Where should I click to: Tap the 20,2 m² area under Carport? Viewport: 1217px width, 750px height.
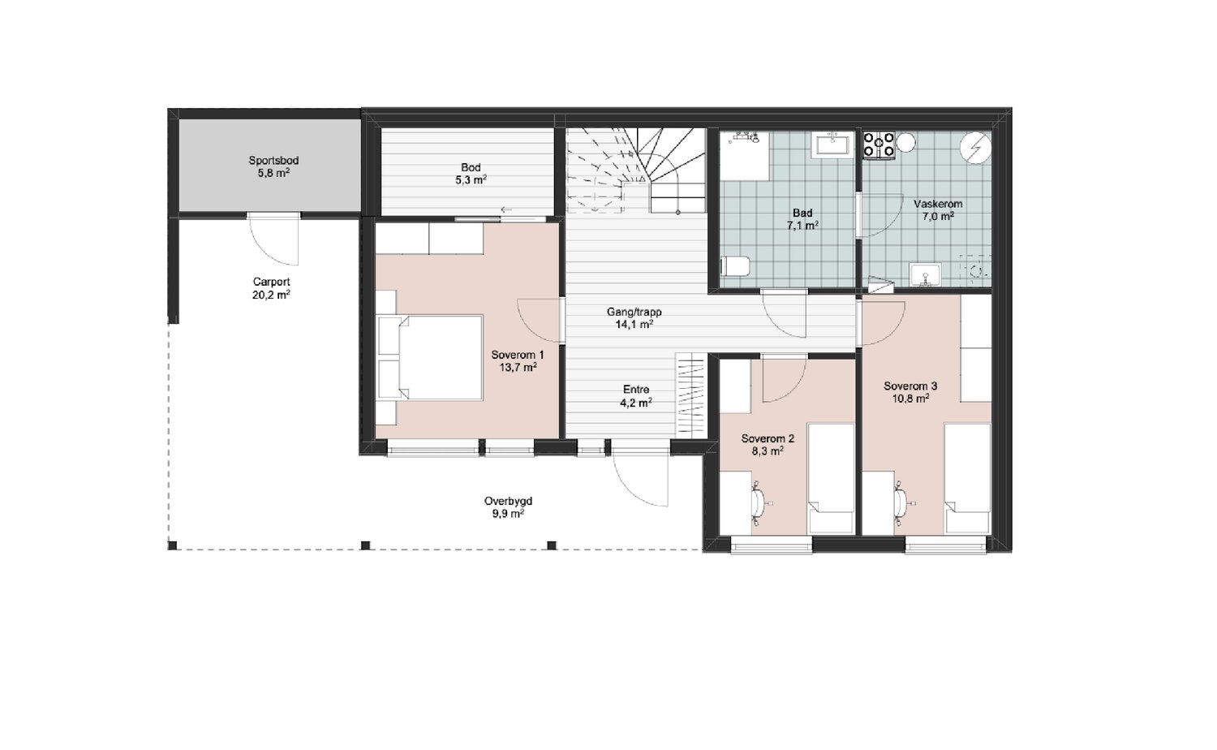[x=271, y=295]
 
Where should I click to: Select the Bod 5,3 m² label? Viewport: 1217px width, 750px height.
[x=471, y=174]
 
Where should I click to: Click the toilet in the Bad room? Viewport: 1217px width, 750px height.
[x=735, y=266]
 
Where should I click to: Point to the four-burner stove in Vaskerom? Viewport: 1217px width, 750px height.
[x=879, y=145]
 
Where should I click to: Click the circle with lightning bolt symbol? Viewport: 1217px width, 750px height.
[x=975, y=147]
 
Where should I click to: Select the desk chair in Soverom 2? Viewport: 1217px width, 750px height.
[x=760, y=503]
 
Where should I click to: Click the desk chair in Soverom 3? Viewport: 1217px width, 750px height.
[x=902, y=503]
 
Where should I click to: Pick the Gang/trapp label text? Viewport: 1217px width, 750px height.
[x=634, y=312]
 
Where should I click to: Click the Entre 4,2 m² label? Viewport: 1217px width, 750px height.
[x=635, y=396]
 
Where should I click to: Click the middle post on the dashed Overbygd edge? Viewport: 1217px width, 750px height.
[x=366, y=545]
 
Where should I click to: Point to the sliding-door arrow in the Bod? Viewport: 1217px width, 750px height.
[x=506, y=209]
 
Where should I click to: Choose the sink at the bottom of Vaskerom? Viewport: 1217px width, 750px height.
[x=925, y=274]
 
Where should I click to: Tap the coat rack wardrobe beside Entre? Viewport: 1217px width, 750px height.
[x=690, y=395]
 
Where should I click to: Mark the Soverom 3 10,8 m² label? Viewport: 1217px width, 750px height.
[x=910, y=392]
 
